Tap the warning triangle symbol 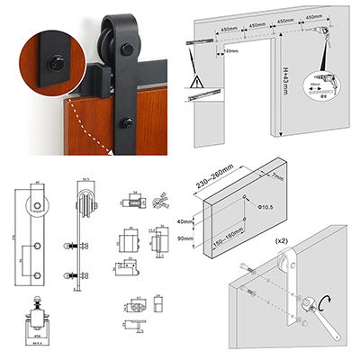click(x=197, y=85)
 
